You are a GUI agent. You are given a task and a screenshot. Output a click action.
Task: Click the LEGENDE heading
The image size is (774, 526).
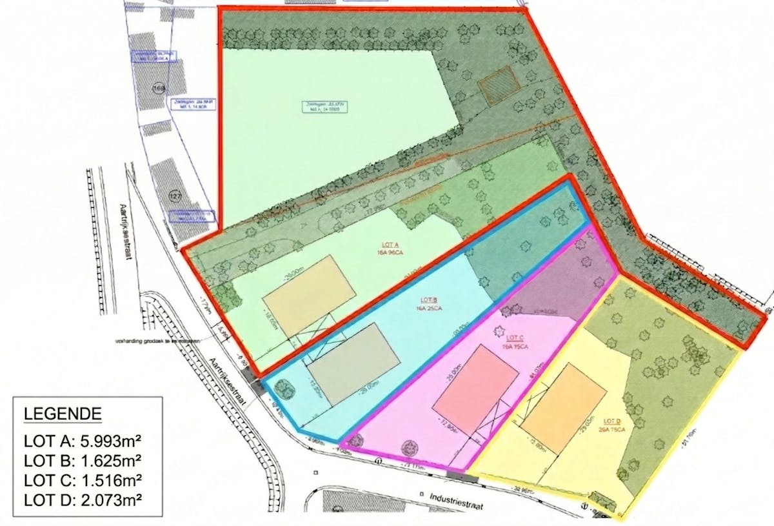62,414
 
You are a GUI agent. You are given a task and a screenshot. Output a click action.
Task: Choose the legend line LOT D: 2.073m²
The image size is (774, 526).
83,499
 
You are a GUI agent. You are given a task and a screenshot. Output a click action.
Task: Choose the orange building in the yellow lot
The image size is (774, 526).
564,407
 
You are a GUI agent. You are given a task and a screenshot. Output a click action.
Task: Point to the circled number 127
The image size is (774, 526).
175,196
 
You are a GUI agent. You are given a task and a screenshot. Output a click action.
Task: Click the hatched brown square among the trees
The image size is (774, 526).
499,85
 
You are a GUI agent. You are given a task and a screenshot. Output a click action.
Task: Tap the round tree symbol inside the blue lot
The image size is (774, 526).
283,389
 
